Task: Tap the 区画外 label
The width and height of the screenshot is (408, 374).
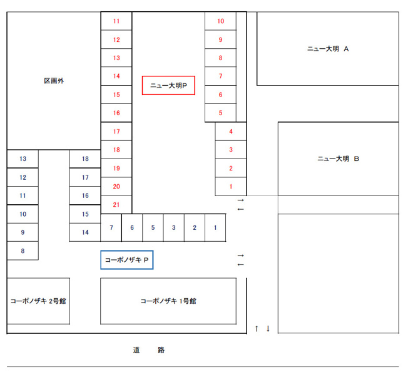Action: click(x=54, y=81)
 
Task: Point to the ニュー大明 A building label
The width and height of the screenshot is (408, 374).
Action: click(x=328, y=49)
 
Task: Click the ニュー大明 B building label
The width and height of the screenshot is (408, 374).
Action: click(x=339, y=158)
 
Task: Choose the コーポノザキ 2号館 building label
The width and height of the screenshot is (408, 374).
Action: click(x=38, y=301)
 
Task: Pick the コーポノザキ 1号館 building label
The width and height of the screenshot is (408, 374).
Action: click(x=168, y=301)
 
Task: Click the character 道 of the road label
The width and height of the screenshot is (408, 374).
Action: click(x=136, y=350)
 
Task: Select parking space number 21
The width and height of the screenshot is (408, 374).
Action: click(x=116, y=205)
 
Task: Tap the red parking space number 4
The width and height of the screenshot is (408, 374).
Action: click(x=231, y=132)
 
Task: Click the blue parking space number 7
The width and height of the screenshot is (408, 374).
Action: click(x=111, y=227)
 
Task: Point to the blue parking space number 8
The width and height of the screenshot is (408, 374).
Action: click(x=23, y=251)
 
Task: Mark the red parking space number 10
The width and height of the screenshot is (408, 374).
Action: click(x=221, y=21)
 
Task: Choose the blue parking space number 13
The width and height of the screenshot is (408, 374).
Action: click(x=23, y=158)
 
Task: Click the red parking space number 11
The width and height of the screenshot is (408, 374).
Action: click(x=116, y=21)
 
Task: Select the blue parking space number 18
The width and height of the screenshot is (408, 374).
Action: click(x=85, y=158)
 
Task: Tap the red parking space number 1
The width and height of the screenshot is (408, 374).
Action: click(x=231, y=187)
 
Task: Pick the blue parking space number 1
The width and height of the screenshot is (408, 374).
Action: click(x=215, y=227)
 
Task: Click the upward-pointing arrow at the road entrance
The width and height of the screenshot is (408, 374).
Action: click(x=257, y=328)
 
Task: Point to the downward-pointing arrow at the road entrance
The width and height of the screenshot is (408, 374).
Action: click(x=268, y=328)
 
